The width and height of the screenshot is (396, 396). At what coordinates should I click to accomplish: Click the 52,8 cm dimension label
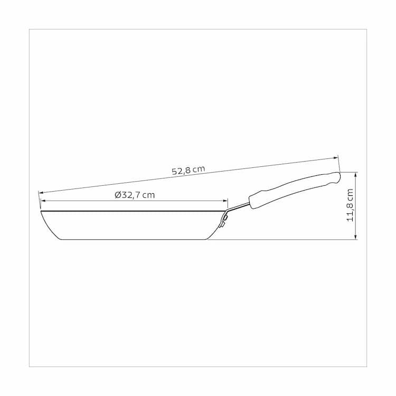click(x=188, y=170)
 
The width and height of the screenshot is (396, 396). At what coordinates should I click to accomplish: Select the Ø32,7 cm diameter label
click(x=135, y=195)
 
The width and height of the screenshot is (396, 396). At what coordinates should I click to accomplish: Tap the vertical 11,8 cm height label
click(x=350, y=205)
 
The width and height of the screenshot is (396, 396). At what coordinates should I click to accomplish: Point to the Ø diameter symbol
click(x=118, y=195)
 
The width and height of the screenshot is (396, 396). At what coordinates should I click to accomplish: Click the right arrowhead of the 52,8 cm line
click(x=336, y=158)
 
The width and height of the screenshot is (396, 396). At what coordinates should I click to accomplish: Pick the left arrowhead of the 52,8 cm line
click(x=41, y=193)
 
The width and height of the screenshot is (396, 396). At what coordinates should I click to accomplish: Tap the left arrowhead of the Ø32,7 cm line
click(x=43, y=201)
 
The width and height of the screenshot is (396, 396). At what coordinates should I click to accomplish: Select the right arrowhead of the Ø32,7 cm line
click(x=225, y=201)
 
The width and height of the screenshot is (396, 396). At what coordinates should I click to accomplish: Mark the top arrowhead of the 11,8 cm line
click(x=356, y=175)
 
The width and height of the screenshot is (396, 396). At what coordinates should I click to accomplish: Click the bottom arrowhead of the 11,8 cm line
click(x=356, y=237)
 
